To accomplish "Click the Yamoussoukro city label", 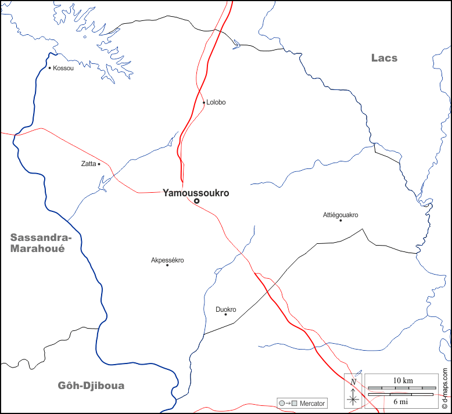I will [x=196, y=193].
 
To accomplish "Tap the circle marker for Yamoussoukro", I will [x=196, y=201].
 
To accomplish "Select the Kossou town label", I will [x=63, y=68].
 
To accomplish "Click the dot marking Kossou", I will [x=50, y=68].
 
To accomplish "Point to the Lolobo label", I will [x=216, y=102].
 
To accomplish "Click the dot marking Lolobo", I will [x=204, y=103].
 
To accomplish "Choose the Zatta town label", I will [x=88, y=164].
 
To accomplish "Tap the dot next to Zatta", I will [x=99, y=164].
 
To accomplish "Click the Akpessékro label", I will [x=167, y=260].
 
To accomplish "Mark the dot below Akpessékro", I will [x=167, y=265].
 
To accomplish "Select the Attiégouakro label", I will [x=340, y=215].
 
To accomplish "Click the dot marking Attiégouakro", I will [x=340, y=220].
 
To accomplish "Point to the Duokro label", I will [x=225, y=309].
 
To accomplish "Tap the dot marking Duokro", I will [x=225, y=314].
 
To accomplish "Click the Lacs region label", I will [x=384, y=57].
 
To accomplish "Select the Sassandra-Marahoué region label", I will [x=41, y=243].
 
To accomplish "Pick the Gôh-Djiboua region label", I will [x=91, y=386].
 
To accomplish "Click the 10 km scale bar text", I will [x=403, y=380].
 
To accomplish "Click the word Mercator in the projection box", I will [x=312, y=403].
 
